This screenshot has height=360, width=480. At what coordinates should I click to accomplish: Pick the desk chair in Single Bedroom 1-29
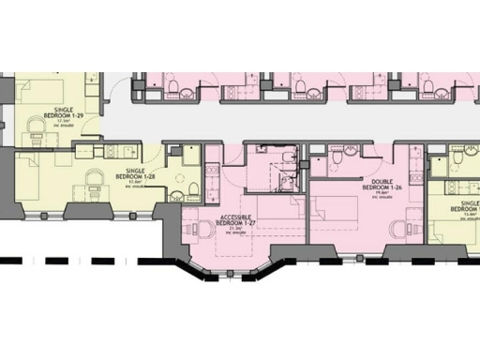coord(37,127)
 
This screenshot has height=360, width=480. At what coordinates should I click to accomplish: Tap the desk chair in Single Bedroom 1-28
coord(94,178)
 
